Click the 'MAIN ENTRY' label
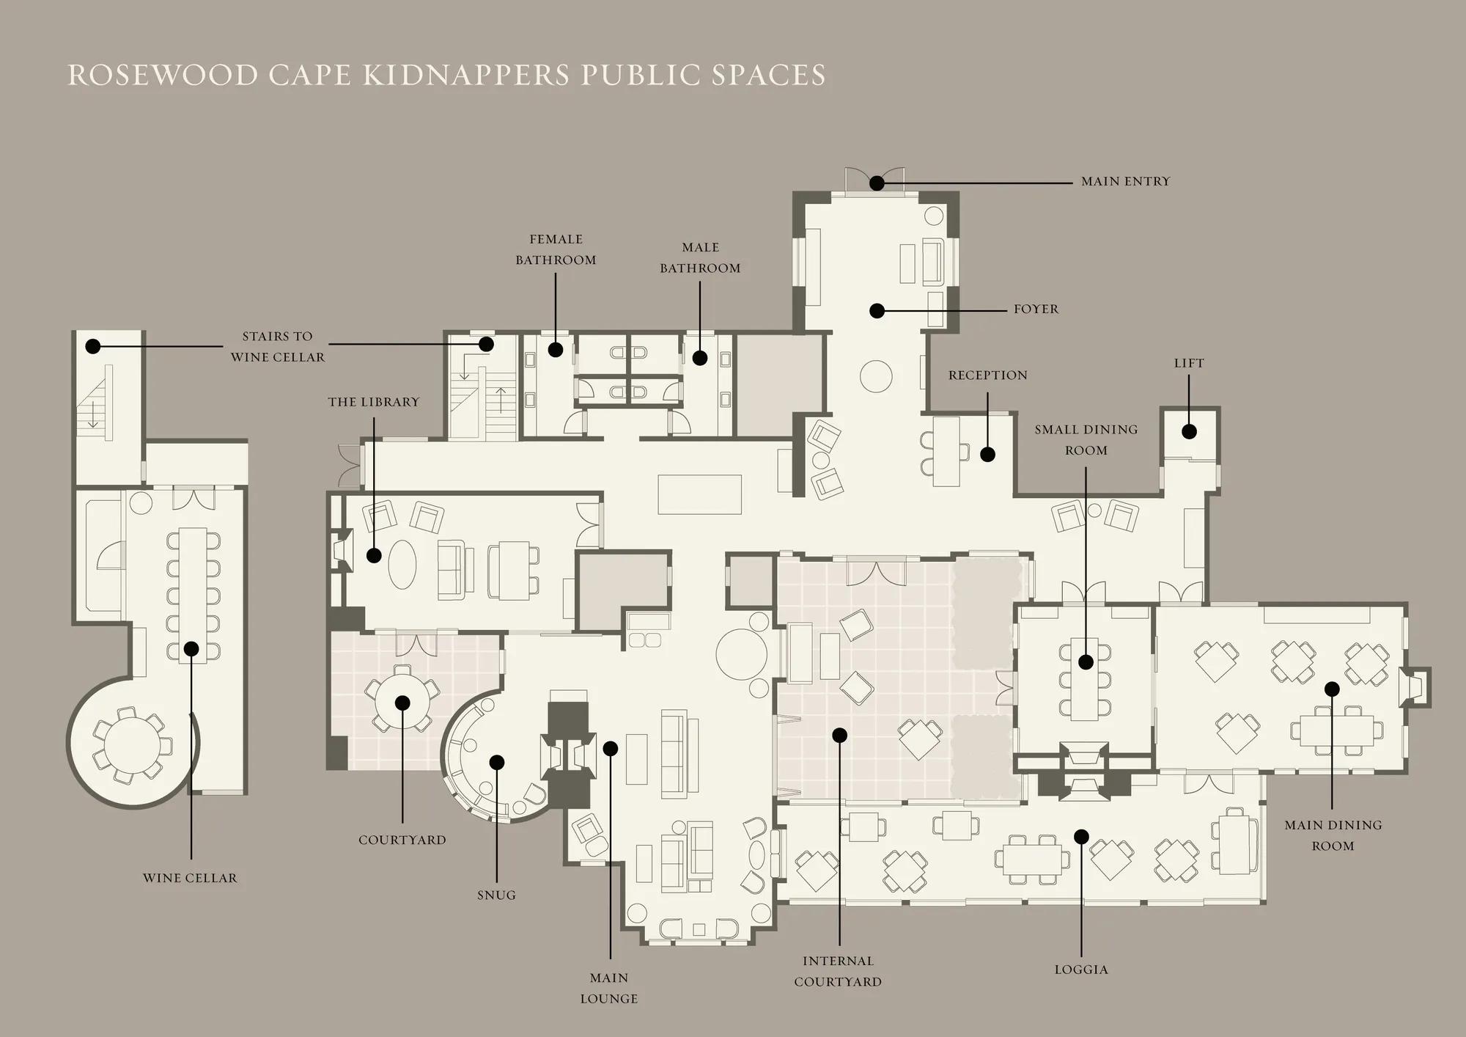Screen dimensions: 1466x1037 point(1126,181)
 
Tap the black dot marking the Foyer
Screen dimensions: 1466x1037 point(877,311)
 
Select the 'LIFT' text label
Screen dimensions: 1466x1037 point(1189,363)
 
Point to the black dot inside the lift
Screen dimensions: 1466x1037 point(1189,431)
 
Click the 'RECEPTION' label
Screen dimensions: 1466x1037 point(988,375)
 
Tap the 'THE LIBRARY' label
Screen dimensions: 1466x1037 point(374,402)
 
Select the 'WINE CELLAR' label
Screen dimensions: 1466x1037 point(190,878)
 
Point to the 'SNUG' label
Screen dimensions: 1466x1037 point(496,895)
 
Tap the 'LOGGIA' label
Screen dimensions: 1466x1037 point(1081,970)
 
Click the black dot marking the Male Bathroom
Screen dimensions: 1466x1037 point(700,358)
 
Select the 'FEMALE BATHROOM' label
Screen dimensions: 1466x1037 point(556,249)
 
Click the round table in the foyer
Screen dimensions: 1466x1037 point(876,377)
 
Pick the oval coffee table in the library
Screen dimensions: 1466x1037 point(402,564)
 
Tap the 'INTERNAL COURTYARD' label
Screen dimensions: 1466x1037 point(838,971)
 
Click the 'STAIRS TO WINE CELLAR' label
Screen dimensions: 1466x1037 point(277,347)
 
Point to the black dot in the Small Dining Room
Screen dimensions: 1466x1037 point(1086,662)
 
